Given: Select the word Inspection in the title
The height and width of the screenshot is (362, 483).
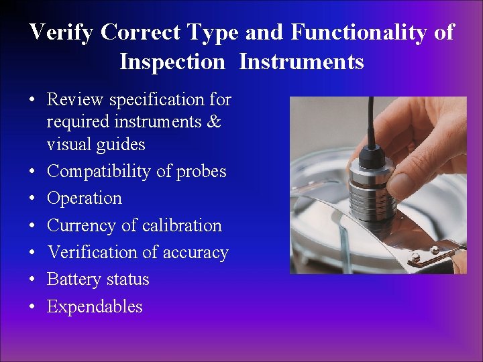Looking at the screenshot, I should (172, 62).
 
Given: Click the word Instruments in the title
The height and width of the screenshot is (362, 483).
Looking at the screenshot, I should (301, 62).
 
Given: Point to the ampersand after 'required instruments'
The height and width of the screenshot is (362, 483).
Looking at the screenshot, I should (213, 123).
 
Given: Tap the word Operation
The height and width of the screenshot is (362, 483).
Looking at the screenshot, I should (85, 198).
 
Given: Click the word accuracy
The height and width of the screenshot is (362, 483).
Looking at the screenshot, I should (199, 253).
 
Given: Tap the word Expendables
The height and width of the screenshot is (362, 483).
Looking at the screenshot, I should (95, 307).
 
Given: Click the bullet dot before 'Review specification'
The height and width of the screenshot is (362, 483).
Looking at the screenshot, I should (32, 101).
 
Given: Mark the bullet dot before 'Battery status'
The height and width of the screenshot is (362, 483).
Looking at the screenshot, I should (32, 280).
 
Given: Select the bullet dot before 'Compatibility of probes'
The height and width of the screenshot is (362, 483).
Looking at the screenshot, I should (32, 172).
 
